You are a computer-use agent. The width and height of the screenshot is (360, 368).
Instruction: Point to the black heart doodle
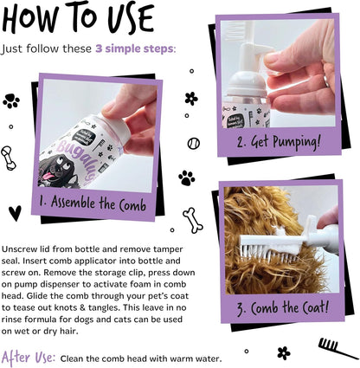15,211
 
